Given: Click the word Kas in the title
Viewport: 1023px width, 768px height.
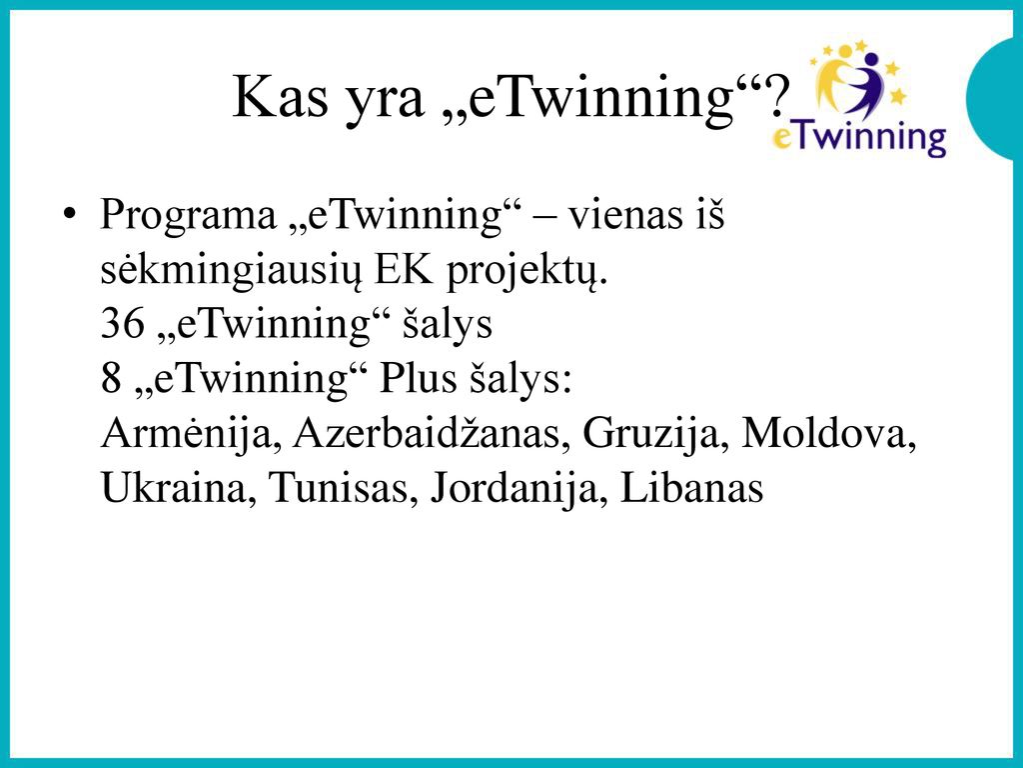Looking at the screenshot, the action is click(x=280, y=97).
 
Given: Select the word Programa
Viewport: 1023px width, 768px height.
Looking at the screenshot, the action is click(x=188, y=217).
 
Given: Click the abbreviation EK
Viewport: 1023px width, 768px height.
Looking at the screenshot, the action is click(x=404, y=269).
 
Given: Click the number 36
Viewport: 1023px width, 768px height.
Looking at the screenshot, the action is click(x=123, y=324).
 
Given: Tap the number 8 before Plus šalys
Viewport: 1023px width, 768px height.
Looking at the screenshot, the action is click(x=112, y=379).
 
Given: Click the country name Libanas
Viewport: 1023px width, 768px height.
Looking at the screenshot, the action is click(x=691, y=488).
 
